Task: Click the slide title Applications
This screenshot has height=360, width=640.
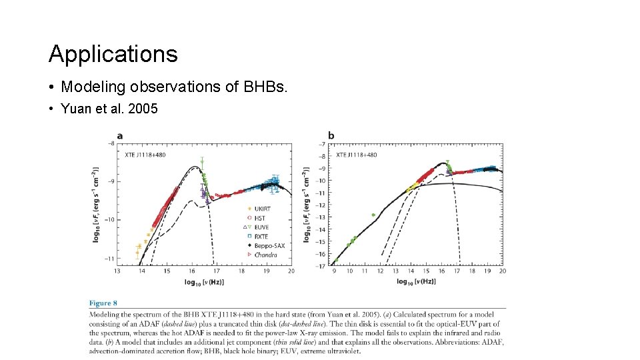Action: (113, 53)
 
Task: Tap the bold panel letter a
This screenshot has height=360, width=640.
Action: (119, 135)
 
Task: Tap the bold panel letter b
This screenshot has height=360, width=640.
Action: (331, 135)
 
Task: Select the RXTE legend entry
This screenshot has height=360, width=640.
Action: (260, 236)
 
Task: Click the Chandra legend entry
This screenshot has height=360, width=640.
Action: (265, 255)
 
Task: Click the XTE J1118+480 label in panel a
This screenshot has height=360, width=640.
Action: (145, 155)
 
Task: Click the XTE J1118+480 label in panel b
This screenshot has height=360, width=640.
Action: (356, 155)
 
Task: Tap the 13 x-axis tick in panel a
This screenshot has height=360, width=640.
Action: (117, 271)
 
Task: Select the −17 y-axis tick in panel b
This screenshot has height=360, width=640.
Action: (321, 267)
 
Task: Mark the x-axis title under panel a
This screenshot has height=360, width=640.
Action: (204, 282)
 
